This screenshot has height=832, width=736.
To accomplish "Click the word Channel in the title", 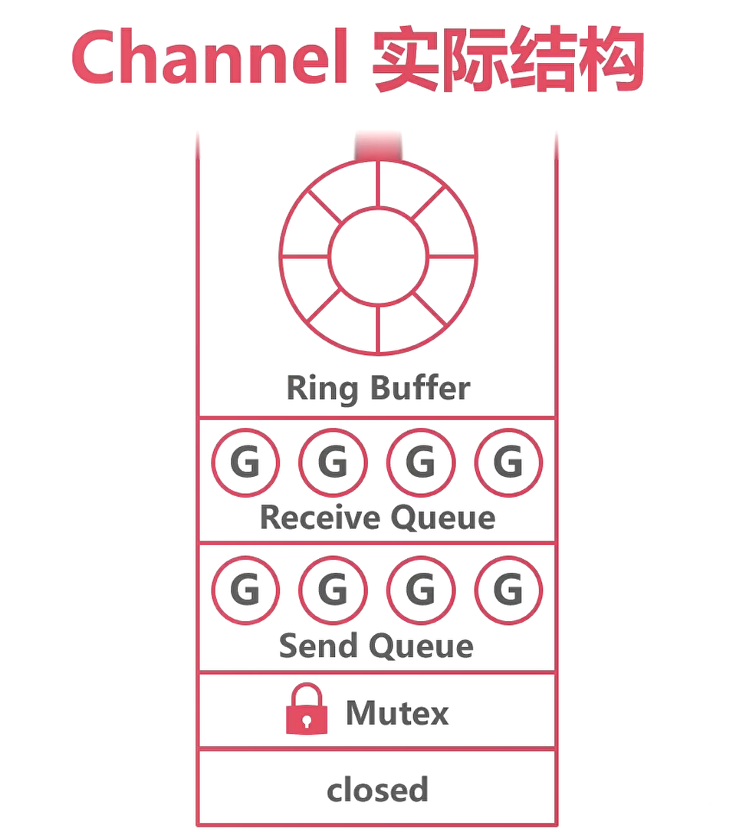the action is (x=210, y=59).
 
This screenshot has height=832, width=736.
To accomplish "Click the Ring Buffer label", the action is (x=378, y=388).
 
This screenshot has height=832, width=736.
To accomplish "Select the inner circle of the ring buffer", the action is (x=378, y=256).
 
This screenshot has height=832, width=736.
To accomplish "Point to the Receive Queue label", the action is (x=377, y=518).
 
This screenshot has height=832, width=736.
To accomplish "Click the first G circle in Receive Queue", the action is (x=245, y=463).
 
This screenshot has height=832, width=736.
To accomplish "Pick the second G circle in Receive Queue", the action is (x=333, y=463).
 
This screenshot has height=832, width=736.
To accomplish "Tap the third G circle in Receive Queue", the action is (x=421, y=463).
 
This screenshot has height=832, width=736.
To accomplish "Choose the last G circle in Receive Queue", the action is (x=508, y=463).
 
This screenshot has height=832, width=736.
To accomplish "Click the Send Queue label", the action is (x=376, y=646).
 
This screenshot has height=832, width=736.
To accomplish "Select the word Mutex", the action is (x=397, y=713).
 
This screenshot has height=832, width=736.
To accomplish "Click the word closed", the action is (x=377, y=789).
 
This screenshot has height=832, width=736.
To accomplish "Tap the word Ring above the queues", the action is (x=322, y=389).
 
